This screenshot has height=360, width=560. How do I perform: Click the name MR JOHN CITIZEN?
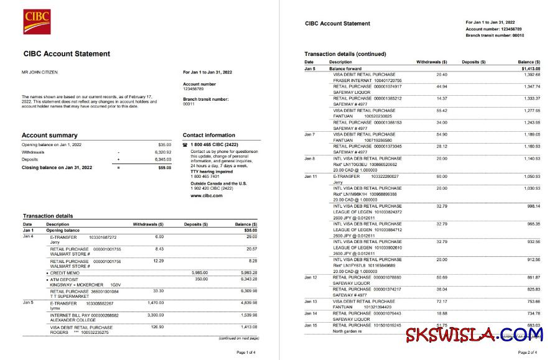point(40,72)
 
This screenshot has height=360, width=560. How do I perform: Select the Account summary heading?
point(50,135)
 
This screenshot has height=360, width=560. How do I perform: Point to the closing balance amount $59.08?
point(164,167)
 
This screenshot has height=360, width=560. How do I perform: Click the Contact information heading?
point(209,135)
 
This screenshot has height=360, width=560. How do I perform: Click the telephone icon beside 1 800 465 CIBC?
point(185,144)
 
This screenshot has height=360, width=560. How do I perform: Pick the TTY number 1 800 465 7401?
point(205,177)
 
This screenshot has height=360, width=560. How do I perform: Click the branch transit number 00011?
point(189,104)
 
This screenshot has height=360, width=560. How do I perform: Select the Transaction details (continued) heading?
point(345,54)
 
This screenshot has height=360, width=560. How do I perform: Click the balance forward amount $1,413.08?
point(530,68)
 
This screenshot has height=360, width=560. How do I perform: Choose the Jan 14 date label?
point(310,313)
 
